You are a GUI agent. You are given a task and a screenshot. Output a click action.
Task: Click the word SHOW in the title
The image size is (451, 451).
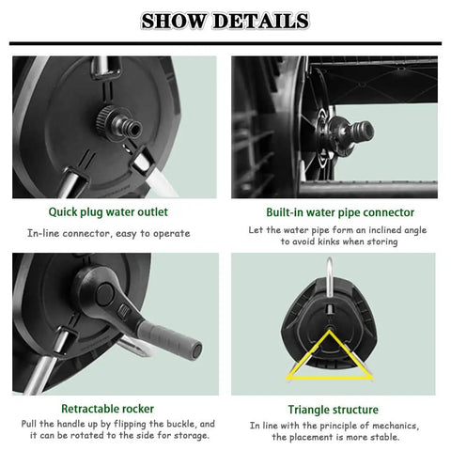pyautogui.click(x=173, y=21)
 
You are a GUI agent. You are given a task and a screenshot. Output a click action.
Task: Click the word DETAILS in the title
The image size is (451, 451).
pyautogui.click(x=261, y=21)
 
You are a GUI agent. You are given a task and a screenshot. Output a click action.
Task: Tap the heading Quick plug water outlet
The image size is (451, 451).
pyautogui.click(x=108, y=212)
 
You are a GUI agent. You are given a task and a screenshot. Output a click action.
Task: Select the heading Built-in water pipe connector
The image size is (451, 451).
pyautogui.click(x=340, y=212)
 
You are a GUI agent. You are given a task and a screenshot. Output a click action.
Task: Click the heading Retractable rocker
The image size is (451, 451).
pyautogui.click(x=107, y=409)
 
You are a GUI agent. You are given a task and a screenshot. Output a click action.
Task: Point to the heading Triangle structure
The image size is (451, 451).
pyautogui.click(x=333, y=410)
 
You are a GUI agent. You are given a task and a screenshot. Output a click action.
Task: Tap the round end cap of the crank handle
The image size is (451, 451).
pyautogui.click(x=196, y=350)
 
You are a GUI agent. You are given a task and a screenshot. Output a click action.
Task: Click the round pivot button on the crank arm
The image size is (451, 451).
pyautogui.click(x=104, y=295)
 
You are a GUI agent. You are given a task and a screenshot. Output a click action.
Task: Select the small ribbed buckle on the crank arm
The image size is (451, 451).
pyautogui.click(x=123, y=311)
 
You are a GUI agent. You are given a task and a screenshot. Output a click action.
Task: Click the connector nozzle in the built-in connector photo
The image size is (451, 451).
pyautogui.click(x=364, y=130)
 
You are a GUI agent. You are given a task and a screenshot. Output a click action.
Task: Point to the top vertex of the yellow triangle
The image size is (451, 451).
pyautogui.click(x=329, y=331)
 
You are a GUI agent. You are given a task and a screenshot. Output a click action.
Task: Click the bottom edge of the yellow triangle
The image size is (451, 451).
pyautogui.click(x=330, y=377)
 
